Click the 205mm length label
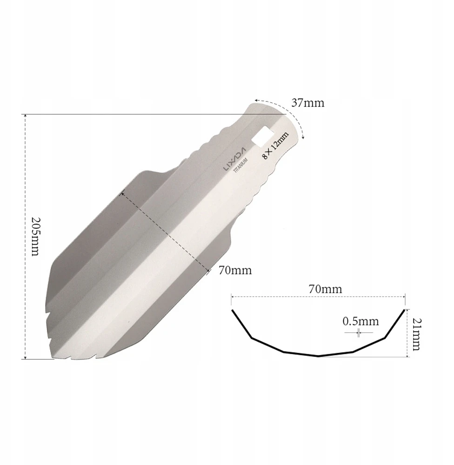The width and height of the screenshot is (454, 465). tap(35, 237)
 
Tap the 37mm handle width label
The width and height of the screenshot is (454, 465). tap(308, 103)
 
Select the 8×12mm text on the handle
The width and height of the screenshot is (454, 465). tap(276, 146)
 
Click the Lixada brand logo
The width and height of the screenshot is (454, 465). tap(234, 159)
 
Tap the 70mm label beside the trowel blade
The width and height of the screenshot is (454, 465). tap(235, 270)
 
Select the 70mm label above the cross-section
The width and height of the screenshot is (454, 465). tap(325, 289)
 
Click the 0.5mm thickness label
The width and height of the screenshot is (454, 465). tap(361, 321)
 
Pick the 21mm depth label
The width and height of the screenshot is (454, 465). tap(416, 334)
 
